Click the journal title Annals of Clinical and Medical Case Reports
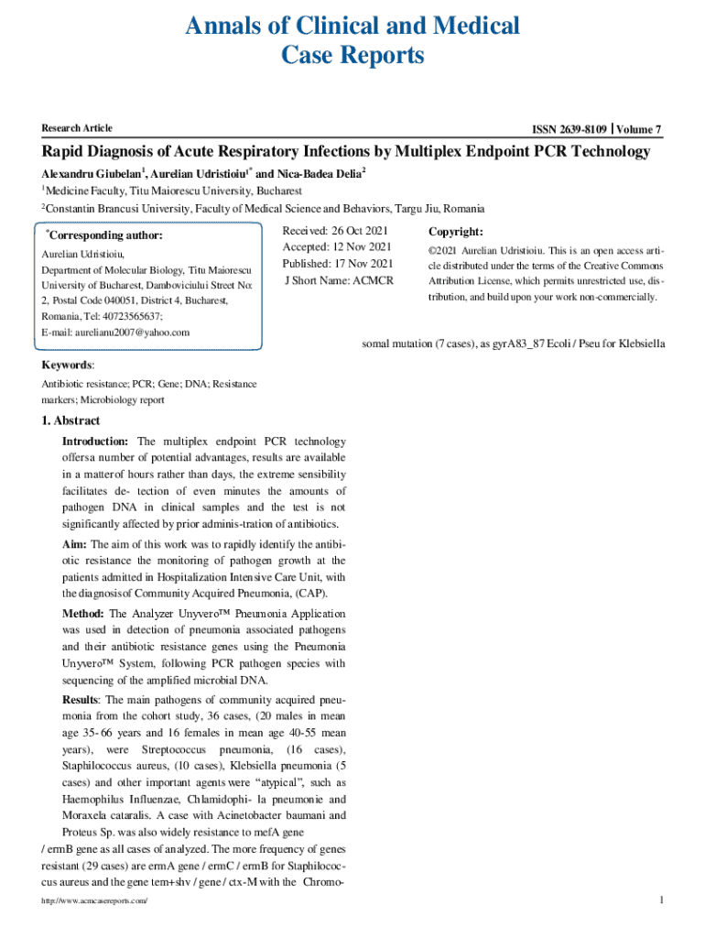[352, 40]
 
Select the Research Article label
[77, 128]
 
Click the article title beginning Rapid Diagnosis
[346, 152]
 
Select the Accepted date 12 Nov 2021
[337, 247]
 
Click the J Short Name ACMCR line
[339, 280]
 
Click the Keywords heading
[67, 365]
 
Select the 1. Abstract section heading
[71, 421]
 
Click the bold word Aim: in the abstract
[77, 545]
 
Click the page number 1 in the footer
[660, 900]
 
